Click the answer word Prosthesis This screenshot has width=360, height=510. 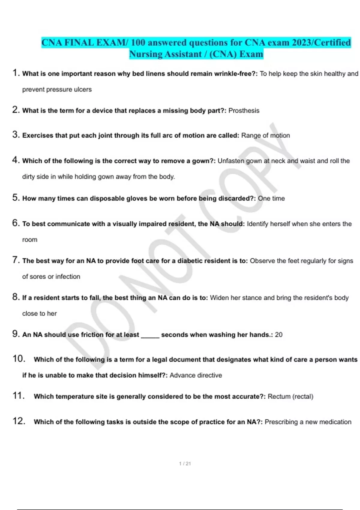(x=244, y=111)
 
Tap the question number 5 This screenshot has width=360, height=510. (x=16, y=198)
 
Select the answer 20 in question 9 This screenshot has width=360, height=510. (x=279, y=335)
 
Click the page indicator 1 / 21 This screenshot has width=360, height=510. (x=185, y=463)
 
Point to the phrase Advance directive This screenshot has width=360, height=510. (x=196, y=375)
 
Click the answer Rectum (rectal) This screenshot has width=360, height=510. (x=290, y=397)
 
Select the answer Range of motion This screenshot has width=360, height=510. (x=265, y=136)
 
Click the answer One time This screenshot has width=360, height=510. (x=271, y=199)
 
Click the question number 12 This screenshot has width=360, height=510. (x=19, y=421)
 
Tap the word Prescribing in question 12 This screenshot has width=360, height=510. (x=281, y=422)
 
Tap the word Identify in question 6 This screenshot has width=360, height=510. (x=257, y=224)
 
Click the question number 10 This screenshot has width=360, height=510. (x=19, y=359)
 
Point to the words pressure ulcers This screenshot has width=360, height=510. (x=75, y=90)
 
